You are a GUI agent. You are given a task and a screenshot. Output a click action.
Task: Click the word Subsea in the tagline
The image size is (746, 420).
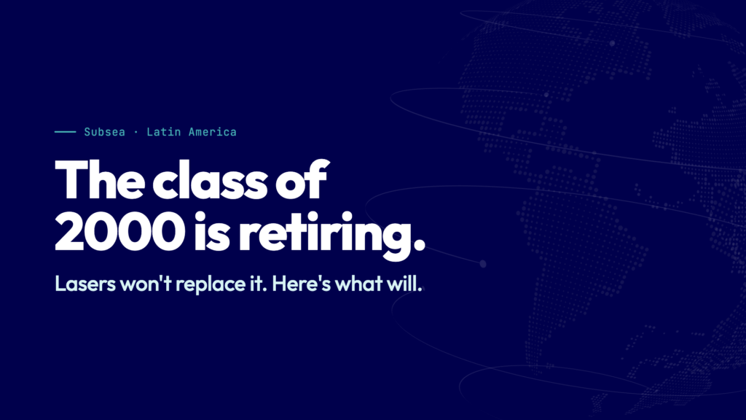[x=105, y=132]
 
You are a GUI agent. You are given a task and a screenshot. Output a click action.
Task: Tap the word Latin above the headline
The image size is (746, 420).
[x=163, y=132]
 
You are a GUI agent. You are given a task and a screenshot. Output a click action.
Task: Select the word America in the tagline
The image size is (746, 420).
[x=213, y=132]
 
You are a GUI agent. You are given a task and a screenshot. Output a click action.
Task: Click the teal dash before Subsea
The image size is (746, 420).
[x=65, y=132]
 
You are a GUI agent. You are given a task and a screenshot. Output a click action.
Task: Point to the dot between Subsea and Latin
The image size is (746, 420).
[x=136, y=133]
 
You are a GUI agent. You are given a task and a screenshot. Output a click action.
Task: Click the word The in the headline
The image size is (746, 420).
[x=100, y=180]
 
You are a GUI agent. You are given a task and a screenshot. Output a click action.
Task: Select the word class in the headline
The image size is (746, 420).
[x=210, y=180]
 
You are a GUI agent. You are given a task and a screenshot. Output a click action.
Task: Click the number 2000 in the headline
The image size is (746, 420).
[x=120, y=231]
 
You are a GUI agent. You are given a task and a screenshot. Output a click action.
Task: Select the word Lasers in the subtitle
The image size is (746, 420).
[x=85, y=284]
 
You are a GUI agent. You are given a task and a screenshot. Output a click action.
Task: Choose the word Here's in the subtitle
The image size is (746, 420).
[x=301, y=284]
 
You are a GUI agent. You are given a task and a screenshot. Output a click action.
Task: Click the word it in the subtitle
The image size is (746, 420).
[x=256, y=284]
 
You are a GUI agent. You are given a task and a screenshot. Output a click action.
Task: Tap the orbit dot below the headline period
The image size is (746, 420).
[x=483, y=264]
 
